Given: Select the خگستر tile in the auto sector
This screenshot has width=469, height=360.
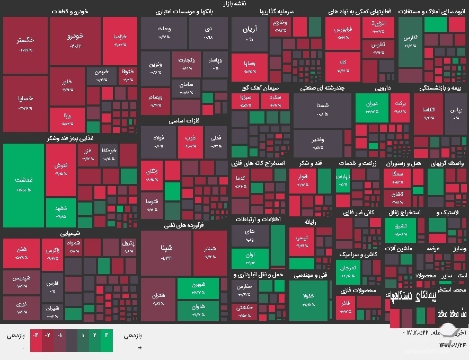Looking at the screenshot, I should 25,45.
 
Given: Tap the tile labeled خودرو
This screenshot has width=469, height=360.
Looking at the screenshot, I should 74,41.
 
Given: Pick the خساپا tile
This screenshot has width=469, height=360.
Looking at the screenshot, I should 25,102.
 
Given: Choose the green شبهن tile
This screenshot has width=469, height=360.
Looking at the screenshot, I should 198,288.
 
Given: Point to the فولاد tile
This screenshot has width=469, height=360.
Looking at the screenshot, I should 158,142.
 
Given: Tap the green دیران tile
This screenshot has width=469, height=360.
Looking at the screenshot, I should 371,107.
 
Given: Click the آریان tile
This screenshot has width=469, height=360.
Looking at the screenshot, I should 249,34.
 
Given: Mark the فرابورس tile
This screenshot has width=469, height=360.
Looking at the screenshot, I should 342,34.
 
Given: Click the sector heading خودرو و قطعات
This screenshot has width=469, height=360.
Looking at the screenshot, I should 70,12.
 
